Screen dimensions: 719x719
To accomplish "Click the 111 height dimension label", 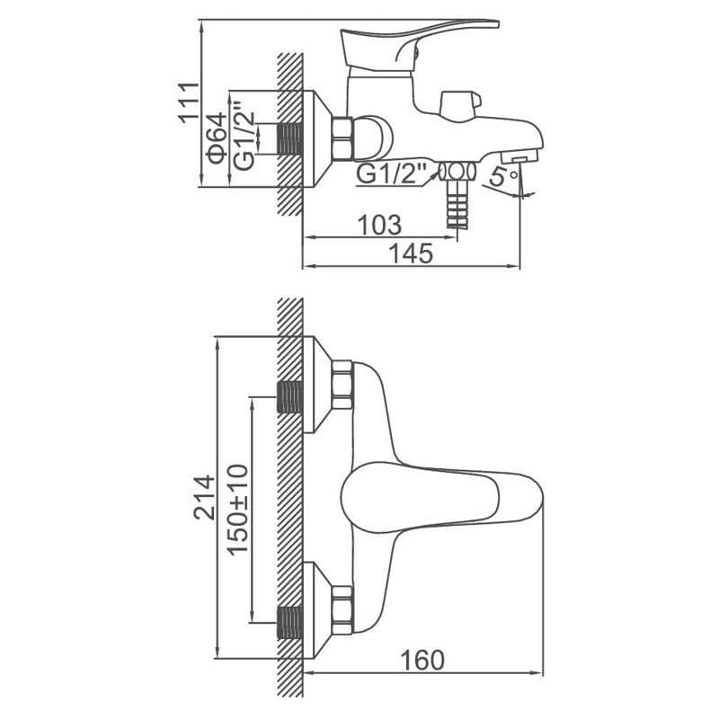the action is coord(189,102).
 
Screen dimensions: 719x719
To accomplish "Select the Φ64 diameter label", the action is coord(217,138).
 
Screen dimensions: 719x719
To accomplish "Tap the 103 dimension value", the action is coord(379,226).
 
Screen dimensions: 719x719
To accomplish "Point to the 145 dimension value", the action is coord(411,253).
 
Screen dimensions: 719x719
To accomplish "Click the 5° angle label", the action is coord(503,176).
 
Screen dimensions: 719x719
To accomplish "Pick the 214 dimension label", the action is coord(204,498).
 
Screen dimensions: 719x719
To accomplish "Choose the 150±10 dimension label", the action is coord(238,510).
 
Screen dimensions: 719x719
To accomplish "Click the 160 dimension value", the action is coord(422,661).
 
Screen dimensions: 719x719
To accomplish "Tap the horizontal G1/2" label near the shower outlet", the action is coord(391,173).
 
